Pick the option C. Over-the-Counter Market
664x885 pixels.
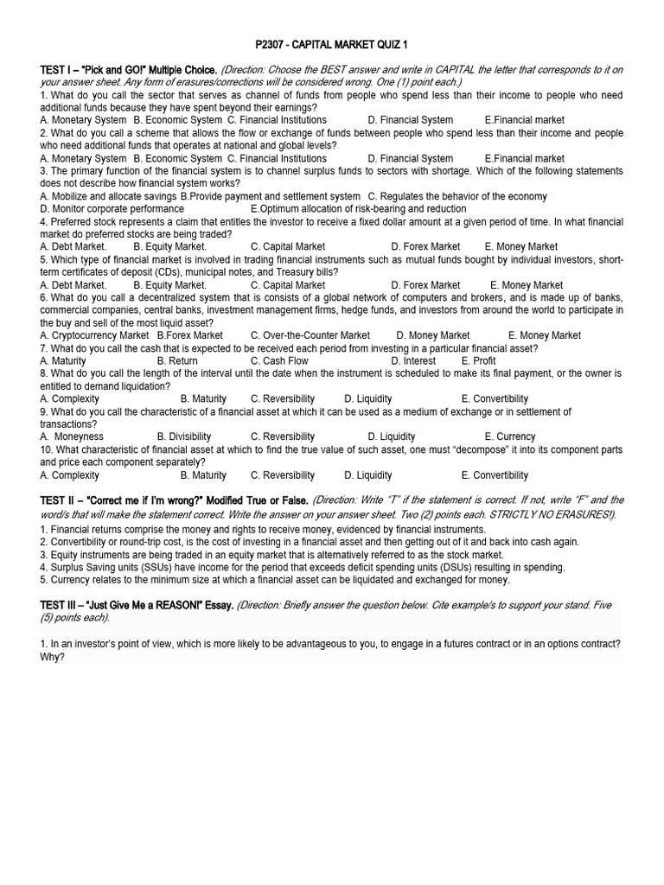(310, 335)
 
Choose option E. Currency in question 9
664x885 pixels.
(510, 436)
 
